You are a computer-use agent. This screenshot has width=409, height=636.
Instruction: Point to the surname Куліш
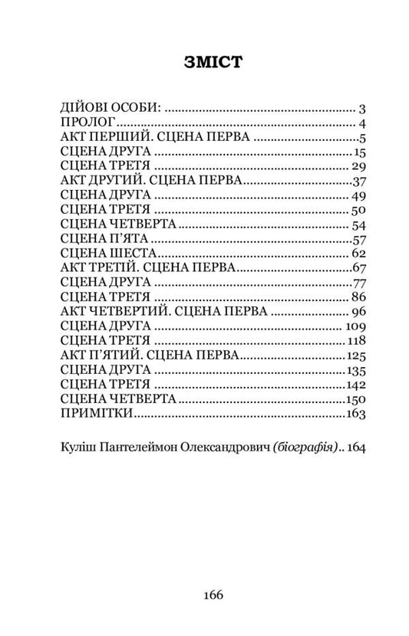tap(75, 447)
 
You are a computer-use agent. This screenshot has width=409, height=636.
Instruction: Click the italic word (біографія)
tap(297, 447)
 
